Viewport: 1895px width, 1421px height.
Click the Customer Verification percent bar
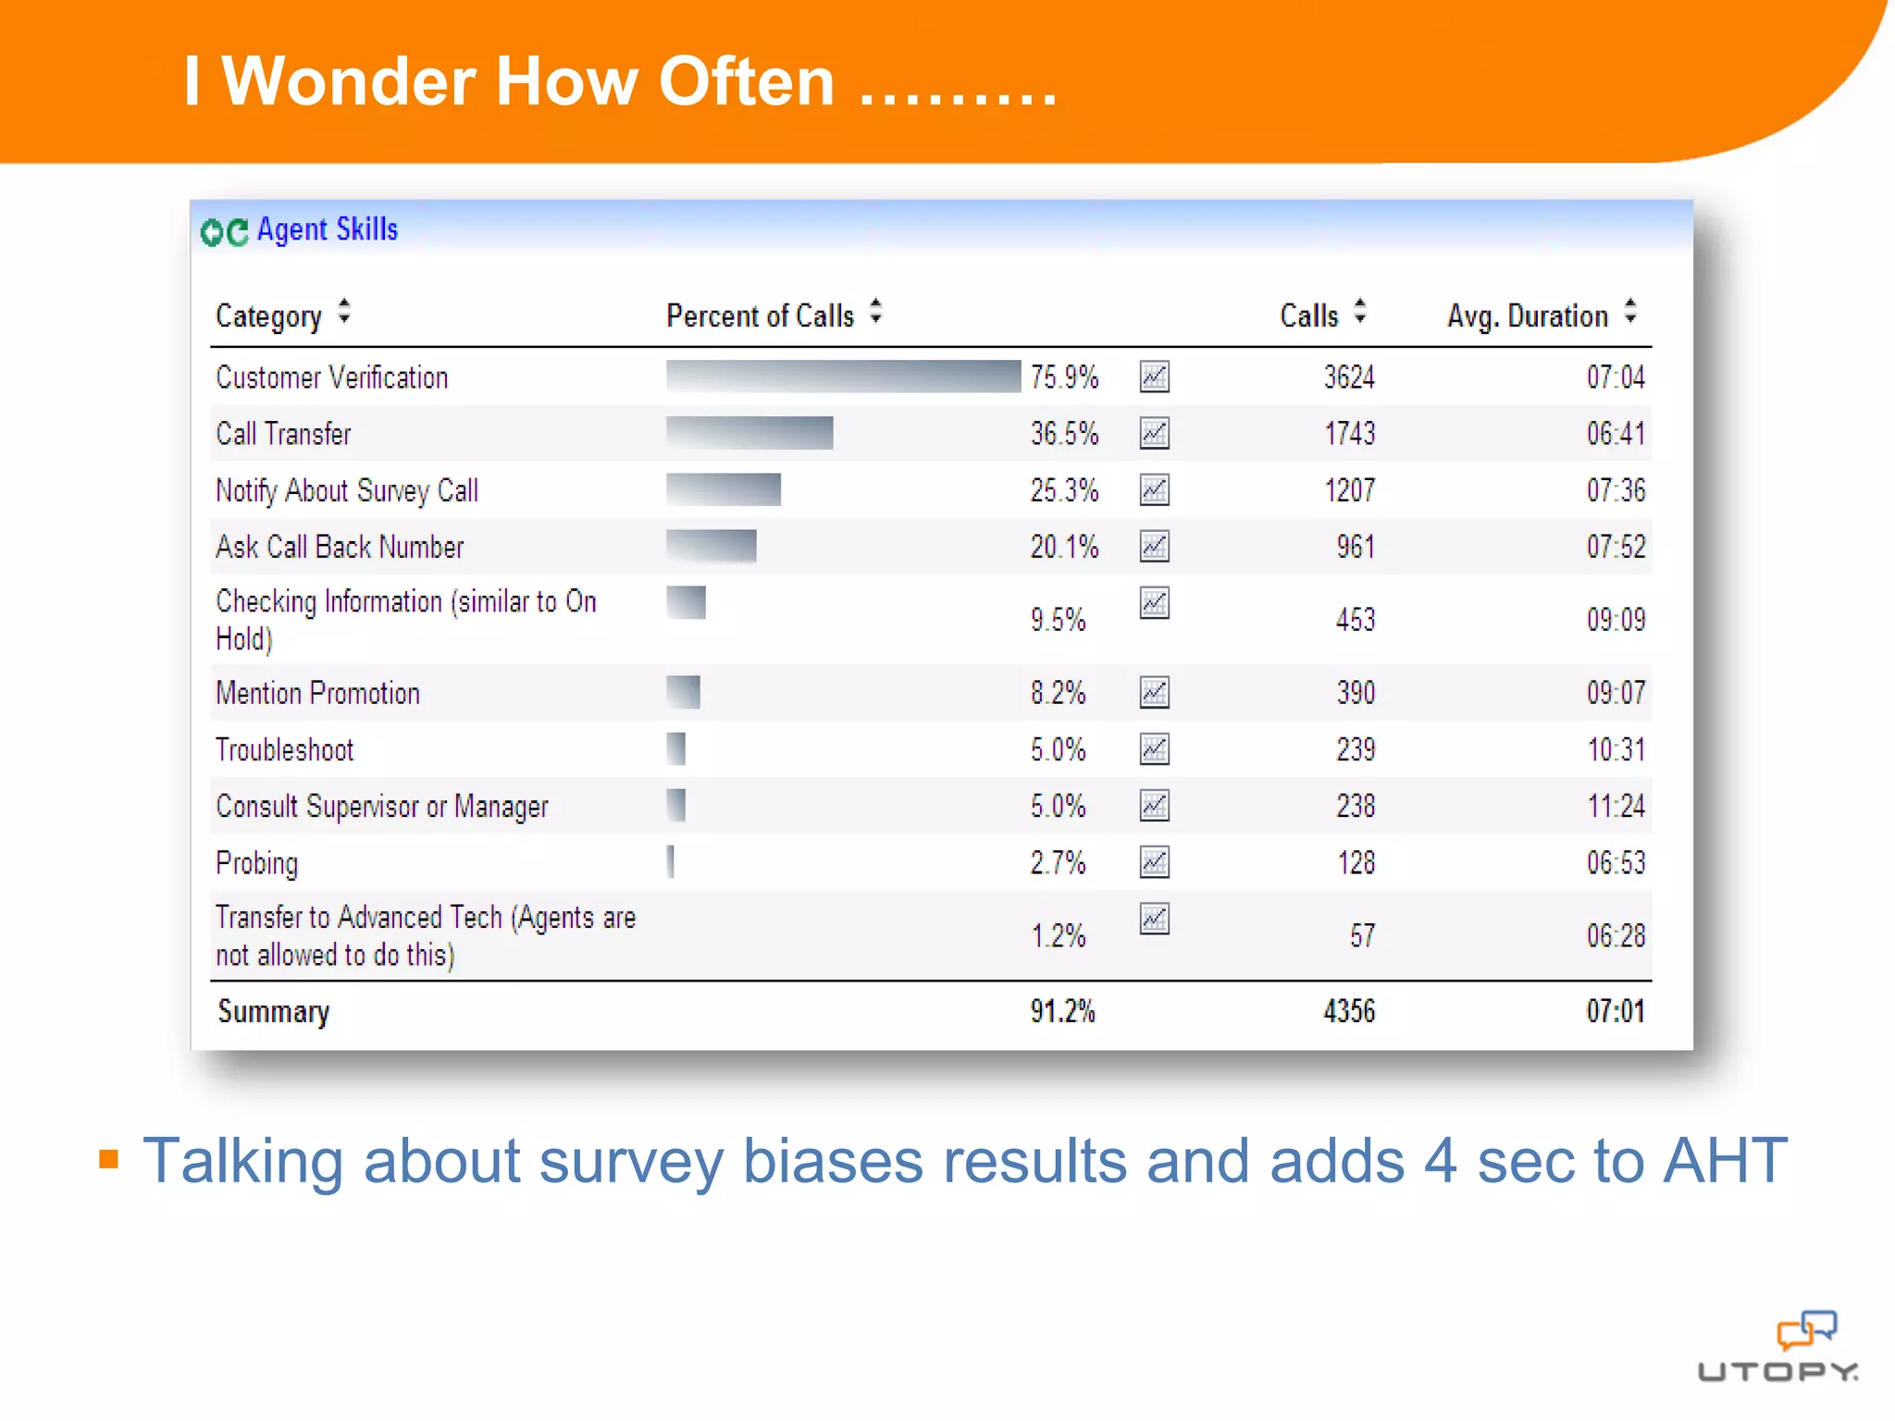842,377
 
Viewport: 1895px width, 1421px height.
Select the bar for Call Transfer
749,433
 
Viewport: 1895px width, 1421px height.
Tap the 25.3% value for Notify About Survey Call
1064,490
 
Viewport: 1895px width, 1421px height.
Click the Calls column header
1308,315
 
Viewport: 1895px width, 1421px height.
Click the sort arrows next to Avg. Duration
1630,312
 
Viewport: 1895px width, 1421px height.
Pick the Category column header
268,316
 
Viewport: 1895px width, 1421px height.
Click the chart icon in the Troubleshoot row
1154,749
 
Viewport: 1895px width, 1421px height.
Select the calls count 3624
1348,377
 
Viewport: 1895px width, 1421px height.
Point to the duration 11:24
1616,806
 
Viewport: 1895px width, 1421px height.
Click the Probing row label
257,863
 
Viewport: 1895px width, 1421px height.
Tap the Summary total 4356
1348,1011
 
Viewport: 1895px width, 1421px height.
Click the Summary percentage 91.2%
1062,1011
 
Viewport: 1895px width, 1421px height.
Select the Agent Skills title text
328,229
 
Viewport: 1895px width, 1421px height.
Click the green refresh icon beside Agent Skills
224,232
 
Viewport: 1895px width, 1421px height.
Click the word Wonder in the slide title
348,81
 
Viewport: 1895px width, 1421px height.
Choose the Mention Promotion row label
317,693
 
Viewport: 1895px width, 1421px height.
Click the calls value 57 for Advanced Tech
1361,936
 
